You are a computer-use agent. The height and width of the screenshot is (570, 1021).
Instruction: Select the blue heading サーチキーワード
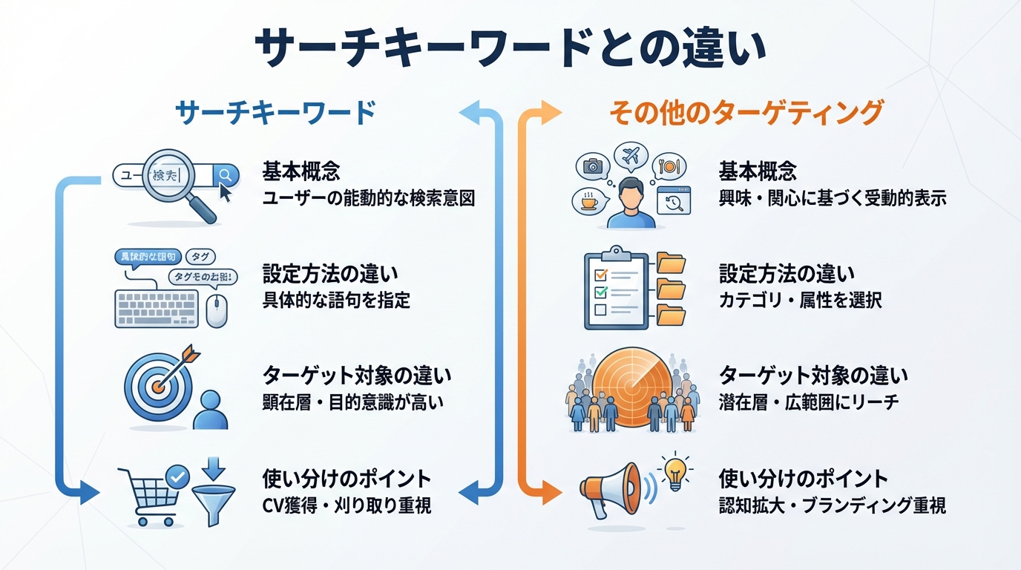coord(275,113)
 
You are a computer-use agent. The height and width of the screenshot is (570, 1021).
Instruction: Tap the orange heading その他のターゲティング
coord(746,113)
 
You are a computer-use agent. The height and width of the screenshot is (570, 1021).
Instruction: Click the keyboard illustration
coord(157,308)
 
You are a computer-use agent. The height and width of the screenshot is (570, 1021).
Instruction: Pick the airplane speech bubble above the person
coord(631,157)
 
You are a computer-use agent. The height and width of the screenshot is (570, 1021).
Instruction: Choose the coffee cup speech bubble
coord(591,201)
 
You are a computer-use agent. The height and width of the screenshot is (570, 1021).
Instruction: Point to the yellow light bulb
coord(675,472)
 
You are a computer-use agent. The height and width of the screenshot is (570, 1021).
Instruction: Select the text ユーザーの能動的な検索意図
coord(369,198)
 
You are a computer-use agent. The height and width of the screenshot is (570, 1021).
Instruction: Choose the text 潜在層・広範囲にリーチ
coord(808,402)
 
